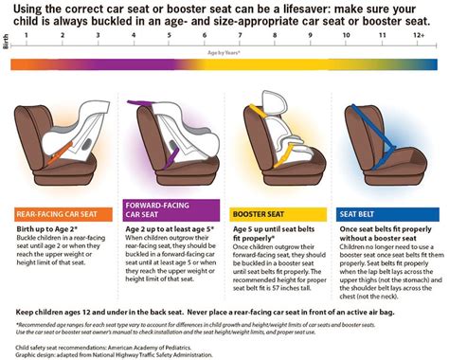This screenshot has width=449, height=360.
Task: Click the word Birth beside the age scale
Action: [x=7, y=43]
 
